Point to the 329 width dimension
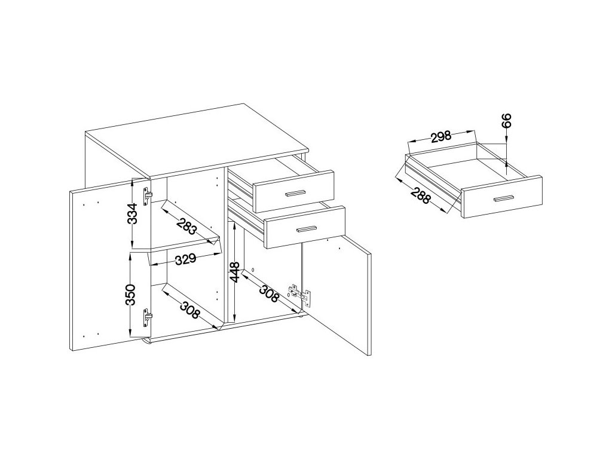coord(186,259)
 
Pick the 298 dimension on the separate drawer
coord(440,137)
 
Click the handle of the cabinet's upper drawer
coord(295,192)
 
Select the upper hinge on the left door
coord(148,195)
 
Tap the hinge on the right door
coord(300,295)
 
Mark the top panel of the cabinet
coord(197,140)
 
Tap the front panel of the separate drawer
coord(502,198)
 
